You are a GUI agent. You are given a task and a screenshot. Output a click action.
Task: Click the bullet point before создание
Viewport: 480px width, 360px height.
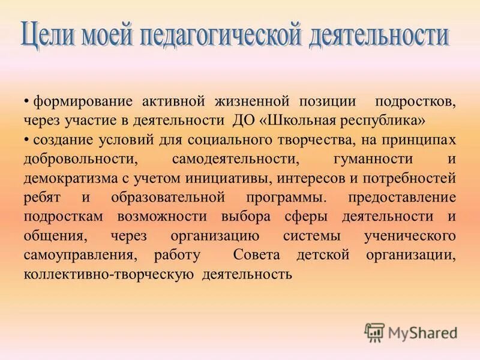[x=27, y=139]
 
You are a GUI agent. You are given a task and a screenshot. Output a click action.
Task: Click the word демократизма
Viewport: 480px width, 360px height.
[x=67, y=178]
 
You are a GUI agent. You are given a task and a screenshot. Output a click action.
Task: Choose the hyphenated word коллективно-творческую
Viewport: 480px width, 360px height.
[x=109, y=275]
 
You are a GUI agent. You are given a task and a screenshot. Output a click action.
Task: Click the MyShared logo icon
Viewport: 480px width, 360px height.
[x=375, y=332]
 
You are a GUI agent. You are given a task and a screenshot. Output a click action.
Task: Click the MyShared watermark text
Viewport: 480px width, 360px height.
[x=422, y=332]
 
